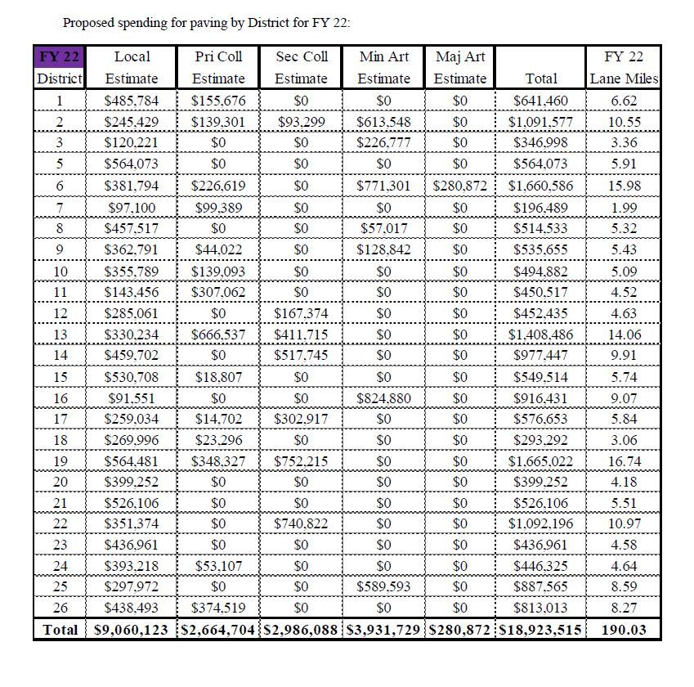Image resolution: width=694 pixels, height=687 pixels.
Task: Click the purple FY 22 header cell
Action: [x=59, y=57]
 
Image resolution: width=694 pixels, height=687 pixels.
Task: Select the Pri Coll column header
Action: [x=218, y=57]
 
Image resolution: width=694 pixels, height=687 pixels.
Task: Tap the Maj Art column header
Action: [x=460, y=57]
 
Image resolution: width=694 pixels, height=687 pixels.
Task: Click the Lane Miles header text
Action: [x=624, y=79]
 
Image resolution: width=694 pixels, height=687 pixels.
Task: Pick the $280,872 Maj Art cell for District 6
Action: [x=460, y=186]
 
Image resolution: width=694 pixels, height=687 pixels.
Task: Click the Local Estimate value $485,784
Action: [x=132, y=101]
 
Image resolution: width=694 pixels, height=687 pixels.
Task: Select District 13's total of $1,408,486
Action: [x=540, y=335]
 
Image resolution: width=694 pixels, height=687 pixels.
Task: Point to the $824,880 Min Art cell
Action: [x=384, y=398]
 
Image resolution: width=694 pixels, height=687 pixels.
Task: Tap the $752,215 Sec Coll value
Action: [x=301, y=461]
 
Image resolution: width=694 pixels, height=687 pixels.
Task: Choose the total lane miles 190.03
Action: [x=625, y=630]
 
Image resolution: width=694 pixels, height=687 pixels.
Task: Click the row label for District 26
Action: [x=60, y=608]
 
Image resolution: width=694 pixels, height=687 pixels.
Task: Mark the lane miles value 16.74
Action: [x=625, y=461]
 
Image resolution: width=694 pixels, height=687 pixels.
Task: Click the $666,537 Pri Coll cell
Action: [x=218, y=335]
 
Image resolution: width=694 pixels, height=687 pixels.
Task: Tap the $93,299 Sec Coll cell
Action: [x=301, y=122]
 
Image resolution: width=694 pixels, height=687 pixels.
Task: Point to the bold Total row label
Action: [x=60, y=630]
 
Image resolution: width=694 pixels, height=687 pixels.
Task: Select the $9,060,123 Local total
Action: [x=132, y=630]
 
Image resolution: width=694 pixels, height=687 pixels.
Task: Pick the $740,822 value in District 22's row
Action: [x=301, y=523]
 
